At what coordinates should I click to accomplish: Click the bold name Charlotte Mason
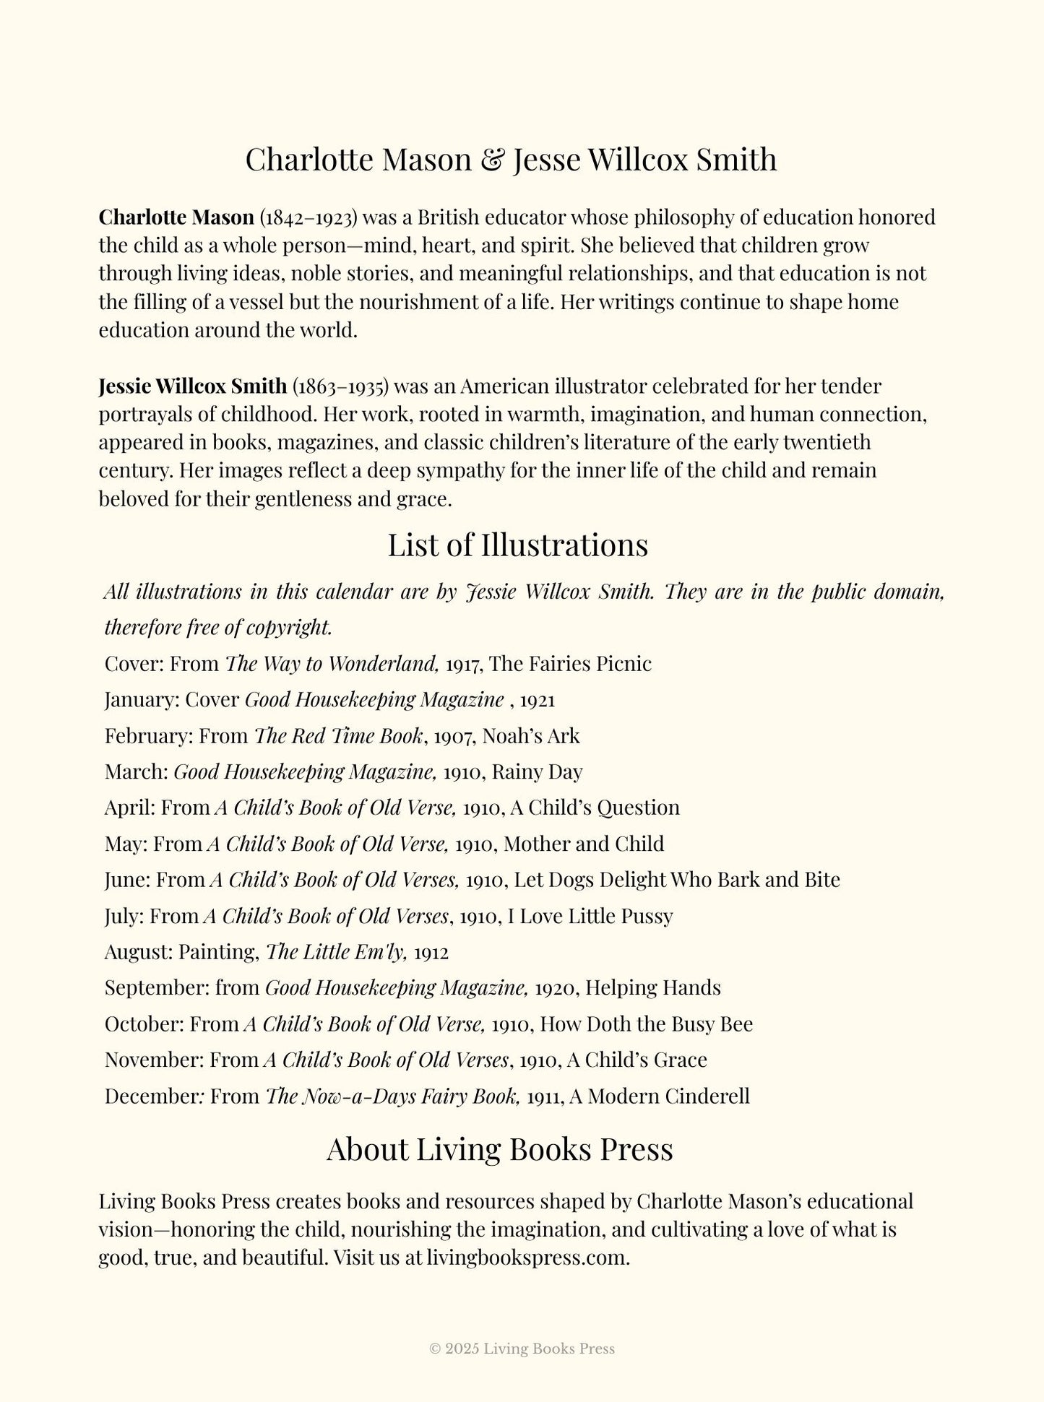click(176, 217)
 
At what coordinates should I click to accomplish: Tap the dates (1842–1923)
click(309, 217)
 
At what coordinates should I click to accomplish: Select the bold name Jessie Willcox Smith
click(192, 386)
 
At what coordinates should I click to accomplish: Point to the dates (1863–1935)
click(340, 386)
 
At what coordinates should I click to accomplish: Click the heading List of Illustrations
click(517, 545)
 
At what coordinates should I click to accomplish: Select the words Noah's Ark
click(531, 736)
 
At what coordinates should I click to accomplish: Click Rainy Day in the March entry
click(537, 772)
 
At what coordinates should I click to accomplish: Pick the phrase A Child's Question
click(595, 808)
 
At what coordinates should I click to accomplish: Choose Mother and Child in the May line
click(583, 844)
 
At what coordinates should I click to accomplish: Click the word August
click(138, 952)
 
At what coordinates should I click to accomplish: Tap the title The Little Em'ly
click(337, 952)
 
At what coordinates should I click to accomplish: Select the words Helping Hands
click(652, 987)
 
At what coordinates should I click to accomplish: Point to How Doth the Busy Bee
click(646, 1024)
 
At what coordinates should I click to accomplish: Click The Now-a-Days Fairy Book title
click(392, 1096)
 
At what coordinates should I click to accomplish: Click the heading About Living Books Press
click(499, 1150)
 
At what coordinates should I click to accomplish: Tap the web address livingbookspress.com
click(527, 1258)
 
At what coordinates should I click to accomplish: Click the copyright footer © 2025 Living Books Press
click(522, 1349)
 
